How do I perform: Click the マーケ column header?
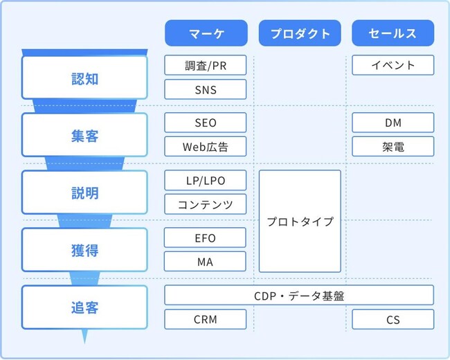206,33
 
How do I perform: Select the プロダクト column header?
300,33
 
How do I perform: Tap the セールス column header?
393,33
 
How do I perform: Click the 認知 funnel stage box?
84,78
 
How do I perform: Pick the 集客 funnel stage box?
84,136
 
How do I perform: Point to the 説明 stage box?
84,193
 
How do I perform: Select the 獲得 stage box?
84,250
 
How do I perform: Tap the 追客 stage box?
84,307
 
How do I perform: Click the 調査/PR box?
206,66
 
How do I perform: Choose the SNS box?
206,89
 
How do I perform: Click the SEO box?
206,123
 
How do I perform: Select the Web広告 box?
206,147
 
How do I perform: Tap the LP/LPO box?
206,180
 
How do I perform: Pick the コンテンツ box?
206,204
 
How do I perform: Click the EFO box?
206,237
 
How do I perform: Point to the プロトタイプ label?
300,222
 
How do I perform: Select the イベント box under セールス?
393,66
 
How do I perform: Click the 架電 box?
393,147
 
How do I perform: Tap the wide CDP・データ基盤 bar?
299,295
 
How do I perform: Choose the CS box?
393,319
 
